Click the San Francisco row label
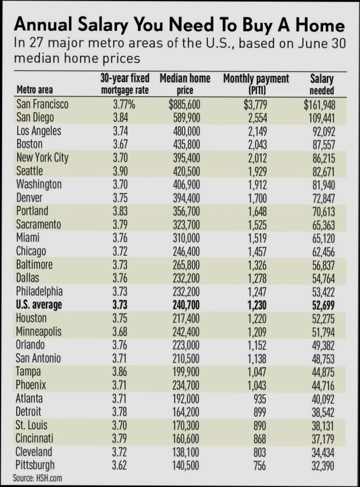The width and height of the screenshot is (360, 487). [x=42, y=104]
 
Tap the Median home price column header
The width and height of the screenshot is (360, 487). [x=185, y=84]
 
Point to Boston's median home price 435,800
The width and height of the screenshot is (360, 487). [x=185, y=144]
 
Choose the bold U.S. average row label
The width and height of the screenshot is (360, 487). [x=39, y=305]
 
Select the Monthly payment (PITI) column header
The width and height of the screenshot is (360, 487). [x=256, y=84]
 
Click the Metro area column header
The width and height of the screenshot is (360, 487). [x=35, y=90]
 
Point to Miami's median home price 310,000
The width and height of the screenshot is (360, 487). [x=185, y=238]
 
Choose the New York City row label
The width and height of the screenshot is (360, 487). [x=42, y=158]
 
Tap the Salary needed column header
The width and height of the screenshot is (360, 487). [x=322, y=84]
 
